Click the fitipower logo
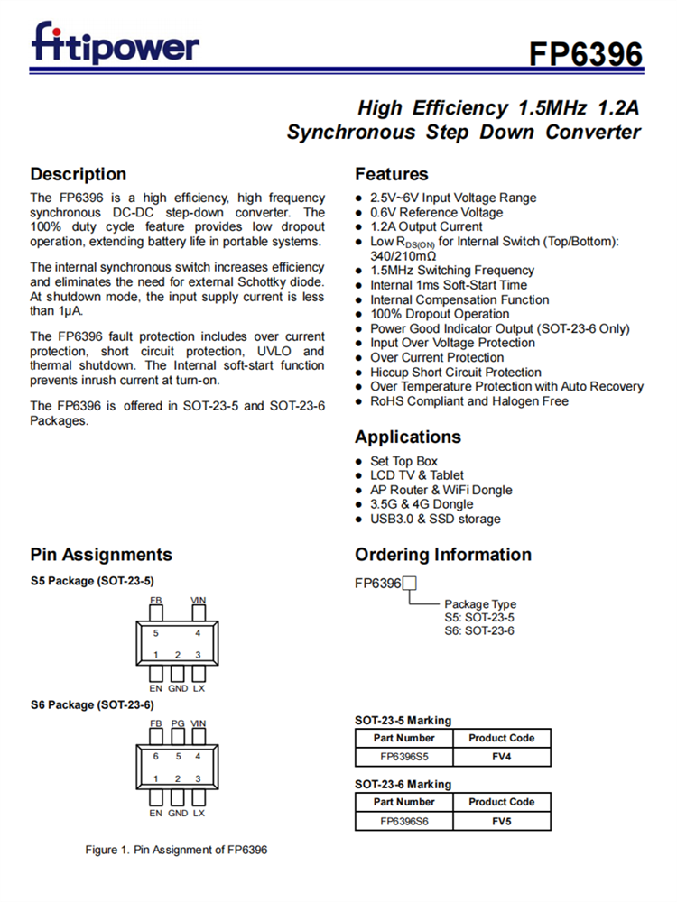[115, 44]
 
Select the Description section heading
[79, 174]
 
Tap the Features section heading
[391, 174]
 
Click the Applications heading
[407, 437]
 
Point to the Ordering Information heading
[442, 555]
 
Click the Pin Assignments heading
[100, 555]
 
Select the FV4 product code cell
[501, 757]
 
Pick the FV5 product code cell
[501, 821]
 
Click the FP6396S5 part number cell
[403, 757]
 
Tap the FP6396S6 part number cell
[403, 821]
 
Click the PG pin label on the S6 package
[178, 723]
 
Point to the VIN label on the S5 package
[199, 600]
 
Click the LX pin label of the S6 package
[199, 813]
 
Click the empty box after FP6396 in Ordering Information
[409, 583]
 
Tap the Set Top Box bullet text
[403, 461]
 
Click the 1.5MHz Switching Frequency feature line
[451, 271]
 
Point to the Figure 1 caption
[176, 850]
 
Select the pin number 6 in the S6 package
[156, 756]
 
